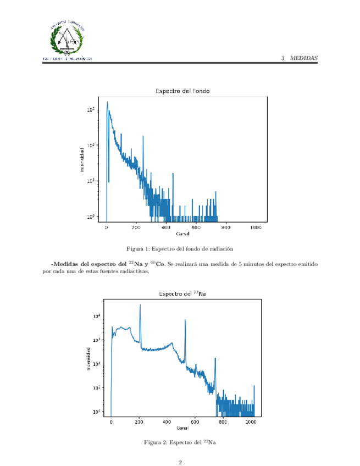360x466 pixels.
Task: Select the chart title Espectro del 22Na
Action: pos(182,294)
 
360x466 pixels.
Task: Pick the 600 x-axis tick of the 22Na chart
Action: pos(195,422)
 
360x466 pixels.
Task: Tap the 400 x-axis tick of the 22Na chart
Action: pos(167,422)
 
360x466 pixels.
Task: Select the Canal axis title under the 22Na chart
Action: pos(182,428)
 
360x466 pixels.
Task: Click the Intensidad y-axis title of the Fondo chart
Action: pos(82,159)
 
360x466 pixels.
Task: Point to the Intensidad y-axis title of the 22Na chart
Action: pos(89,358)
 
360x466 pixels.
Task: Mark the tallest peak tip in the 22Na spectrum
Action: pos(140,305)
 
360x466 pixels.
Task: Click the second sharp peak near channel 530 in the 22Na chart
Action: pos(185,320)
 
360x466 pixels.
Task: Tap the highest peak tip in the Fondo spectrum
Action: pos(107,102)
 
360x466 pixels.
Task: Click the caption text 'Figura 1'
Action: pos(138,248)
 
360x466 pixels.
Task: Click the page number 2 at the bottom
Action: pos(180,462)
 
